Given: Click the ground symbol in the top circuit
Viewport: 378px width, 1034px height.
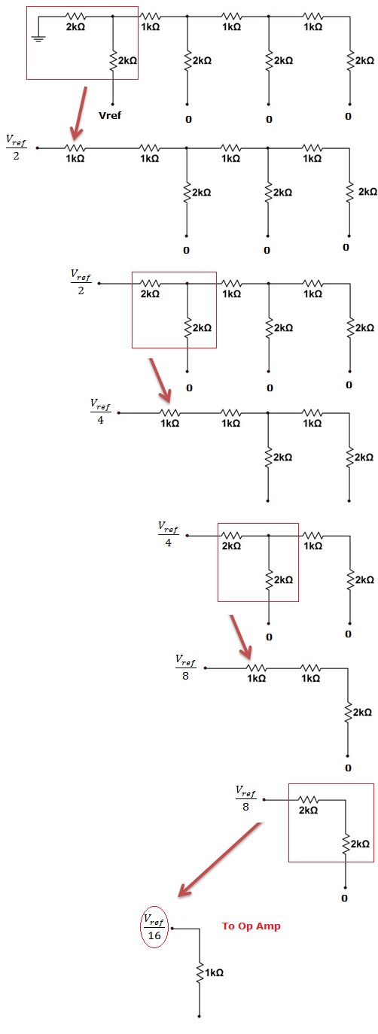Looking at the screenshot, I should (x=38, y=38).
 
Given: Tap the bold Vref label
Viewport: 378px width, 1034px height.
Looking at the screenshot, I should (x=111, y=116).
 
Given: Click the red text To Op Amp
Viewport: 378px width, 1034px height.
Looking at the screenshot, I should (x=251, y=926).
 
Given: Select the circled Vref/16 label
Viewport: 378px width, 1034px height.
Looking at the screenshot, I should (x=154, y=927).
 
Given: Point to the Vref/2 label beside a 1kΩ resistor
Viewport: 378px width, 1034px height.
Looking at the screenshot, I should (x=15, y=144).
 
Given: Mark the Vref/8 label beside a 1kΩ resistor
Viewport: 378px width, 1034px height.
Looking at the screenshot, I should (x=186, y=665).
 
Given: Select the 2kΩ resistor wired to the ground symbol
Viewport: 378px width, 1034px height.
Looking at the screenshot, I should (x=75, y=16).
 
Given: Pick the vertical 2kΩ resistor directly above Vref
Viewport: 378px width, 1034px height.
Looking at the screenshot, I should (x=112, y=60).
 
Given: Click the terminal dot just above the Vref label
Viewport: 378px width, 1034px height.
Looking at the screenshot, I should (x=112, y=103).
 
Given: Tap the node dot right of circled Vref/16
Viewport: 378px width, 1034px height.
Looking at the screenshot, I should (x=172, y=928).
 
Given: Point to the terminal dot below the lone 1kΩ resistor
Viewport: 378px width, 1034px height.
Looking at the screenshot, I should (x=200, y=1016).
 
